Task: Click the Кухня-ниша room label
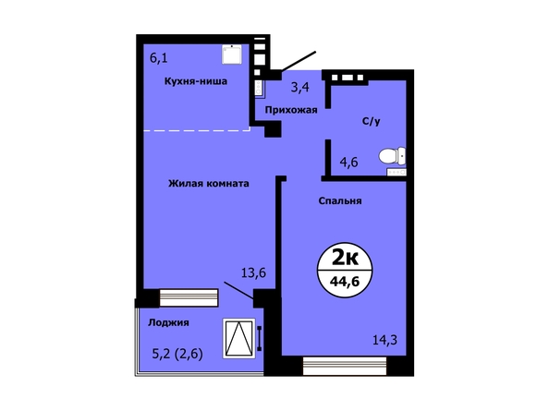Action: [x=196, y=81]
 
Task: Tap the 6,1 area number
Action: [x=159, y=57]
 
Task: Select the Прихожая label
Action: [x=291, y=110]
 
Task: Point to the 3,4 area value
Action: [x=300, y=87]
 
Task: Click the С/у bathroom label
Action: [x=372, y=121]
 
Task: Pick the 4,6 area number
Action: [x=348, y=162]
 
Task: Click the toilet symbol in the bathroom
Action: [x=392, y=156]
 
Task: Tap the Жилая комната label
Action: [x=209, y=183]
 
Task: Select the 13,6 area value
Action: [x=253, y=272]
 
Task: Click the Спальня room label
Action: [x=340, y=200]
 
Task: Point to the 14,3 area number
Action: [x=384, y=340]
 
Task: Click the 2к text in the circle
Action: [x=345, y=258]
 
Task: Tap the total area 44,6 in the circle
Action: [x=345, y=281]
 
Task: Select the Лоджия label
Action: [x=168, y=322]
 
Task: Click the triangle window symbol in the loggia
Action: [x=238, y=338]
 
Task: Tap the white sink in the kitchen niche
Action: [x=232, y=54]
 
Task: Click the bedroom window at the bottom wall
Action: [x=345, y=366]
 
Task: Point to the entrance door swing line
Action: [x=299, y=61]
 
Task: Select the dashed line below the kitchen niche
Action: [x=197, y=130]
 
